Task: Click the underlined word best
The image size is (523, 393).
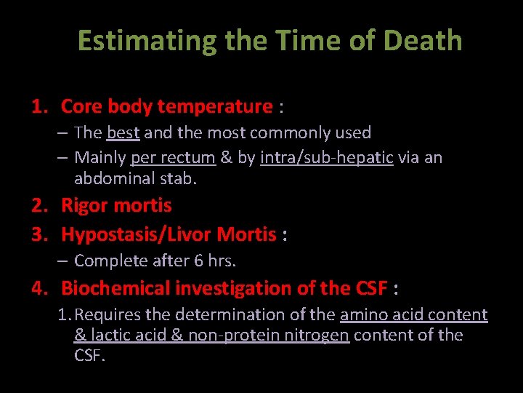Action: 123,132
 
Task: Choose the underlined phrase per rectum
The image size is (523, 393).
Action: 173,157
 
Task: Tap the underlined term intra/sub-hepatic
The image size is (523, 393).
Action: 327,157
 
